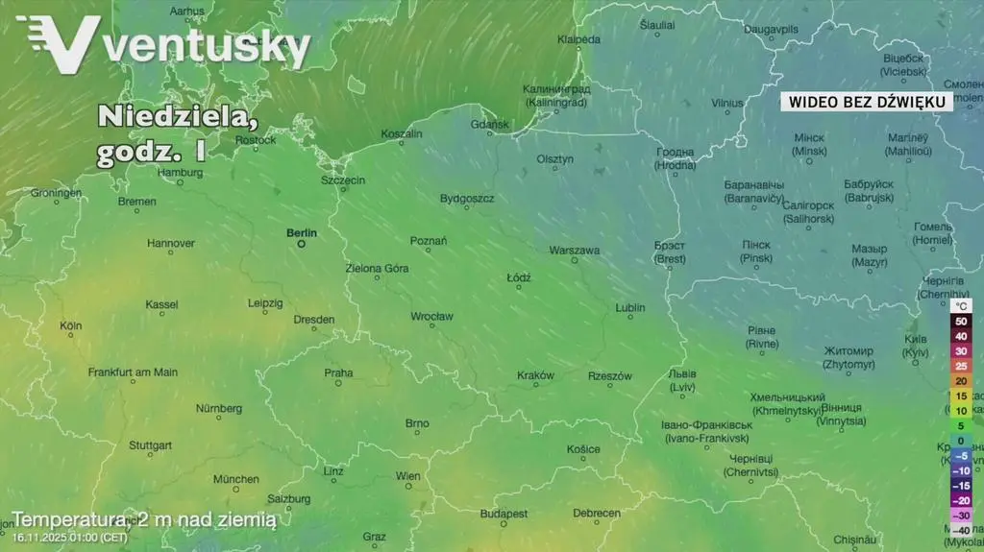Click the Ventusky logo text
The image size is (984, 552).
coord(207,45)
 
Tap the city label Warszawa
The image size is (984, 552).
coord(574,250)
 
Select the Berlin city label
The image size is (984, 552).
coord(301,232)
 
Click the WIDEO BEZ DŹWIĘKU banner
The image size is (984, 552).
coord(867,102)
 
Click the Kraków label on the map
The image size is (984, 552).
coord(535,375)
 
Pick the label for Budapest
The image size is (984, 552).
coord(504,514)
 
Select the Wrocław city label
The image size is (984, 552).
coord(431,316)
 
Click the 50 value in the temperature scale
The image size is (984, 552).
coord(960,322)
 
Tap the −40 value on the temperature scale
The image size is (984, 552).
coord(960,530)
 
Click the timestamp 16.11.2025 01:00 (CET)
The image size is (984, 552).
coord(69,538)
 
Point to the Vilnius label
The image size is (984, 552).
coord(727,103)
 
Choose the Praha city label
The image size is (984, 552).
coord(338,372)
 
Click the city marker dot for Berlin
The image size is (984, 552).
coord(301,244)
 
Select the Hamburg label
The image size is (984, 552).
coord(180,173)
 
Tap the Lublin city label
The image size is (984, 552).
coord(630,307)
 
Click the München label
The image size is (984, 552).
coord(235,479)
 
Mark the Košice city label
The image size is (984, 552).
coord(583,448)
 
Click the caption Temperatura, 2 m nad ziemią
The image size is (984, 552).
coord(144,519)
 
